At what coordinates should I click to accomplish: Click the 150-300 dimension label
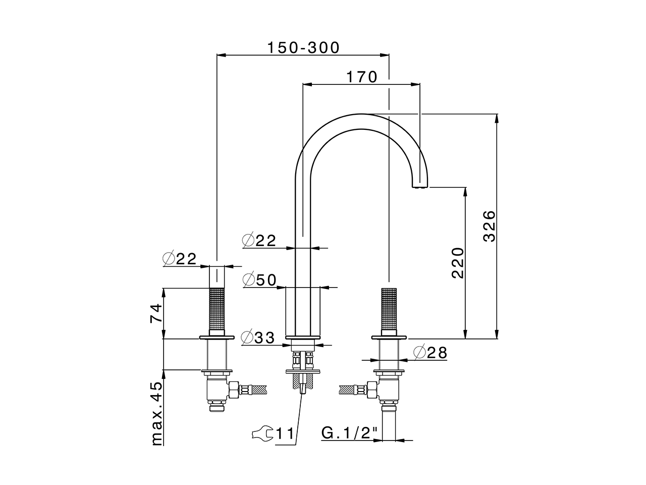click(x=303, y=47)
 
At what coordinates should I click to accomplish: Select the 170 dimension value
click(x=361, y=77)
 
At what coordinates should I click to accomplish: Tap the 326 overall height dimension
click(x=490, y=226)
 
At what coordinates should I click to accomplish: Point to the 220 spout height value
click(x=457, y=263)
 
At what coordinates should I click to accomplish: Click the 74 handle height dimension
click(x=156, y=313)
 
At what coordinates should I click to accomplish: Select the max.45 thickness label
click(x=157, y=413)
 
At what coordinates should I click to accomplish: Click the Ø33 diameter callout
click(x=258, y=337)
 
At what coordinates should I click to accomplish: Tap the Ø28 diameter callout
click(x=430, y=353)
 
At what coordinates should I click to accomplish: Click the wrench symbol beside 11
click(x=262, y=433)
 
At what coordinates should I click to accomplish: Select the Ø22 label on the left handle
click(x=179, y=259)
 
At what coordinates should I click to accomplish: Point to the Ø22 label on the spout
click(x=259, y=241)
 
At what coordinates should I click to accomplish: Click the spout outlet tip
click(x=420, y=186)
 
